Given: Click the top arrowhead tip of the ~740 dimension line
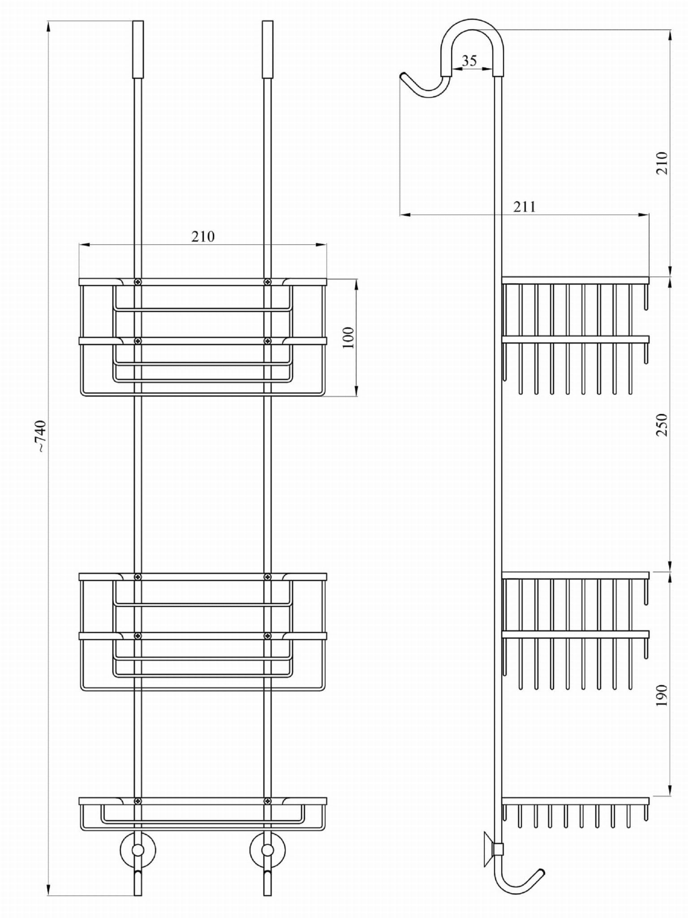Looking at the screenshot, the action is (x=48, y=21).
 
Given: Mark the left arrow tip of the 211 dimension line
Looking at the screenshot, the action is (x=400, y=215).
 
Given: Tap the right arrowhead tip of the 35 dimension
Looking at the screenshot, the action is (x=493, y=69).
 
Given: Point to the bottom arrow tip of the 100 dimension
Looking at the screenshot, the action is (x=357, y=396).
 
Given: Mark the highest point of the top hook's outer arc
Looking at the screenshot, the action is (x=473, y=18).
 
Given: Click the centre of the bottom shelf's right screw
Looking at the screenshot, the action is (x=267, y=801).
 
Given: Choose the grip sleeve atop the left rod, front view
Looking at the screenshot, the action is (x=138, y=49).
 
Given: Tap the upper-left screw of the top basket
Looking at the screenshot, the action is (x=138, y=282).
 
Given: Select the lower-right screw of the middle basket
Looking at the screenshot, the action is (x=267, y=635).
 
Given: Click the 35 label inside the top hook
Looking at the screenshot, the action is (x=469, y=60).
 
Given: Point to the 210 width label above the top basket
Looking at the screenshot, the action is (x=203, y=236).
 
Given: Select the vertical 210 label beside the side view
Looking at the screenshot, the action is (x=662, y=163).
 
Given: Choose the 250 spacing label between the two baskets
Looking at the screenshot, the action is (x=662, y=425).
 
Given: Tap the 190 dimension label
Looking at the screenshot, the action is (x=662, y=696).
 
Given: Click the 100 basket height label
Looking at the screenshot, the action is (x=348, y=338).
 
